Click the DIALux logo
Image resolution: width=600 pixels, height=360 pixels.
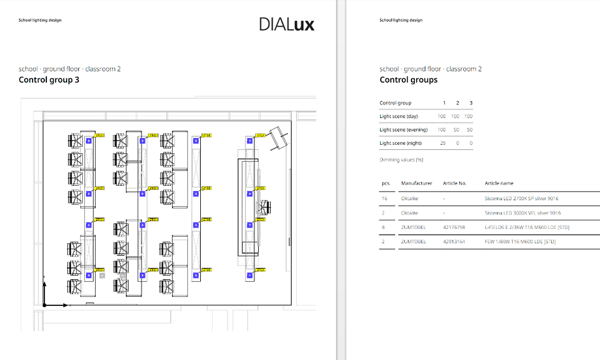click(x=286, y=25)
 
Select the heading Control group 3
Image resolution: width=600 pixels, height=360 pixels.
click(x=50, y=80)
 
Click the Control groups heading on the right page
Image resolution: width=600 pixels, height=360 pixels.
click(x=408, y=80)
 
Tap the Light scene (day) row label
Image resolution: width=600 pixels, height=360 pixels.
click(x=398, y=116)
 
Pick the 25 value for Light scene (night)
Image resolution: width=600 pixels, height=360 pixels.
click(x=443, y=143)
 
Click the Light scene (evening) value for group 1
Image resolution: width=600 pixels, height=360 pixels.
click(x=442, y=130)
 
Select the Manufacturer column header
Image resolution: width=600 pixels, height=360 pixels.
click(x=417, y=183)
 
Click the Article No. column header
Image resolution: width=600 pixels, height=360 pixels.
click(x=455, y=183)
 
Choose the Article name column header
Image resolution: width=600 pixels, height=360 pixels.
click(x=499, y=183)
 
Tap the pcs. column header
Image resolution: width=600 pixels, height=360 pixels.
click(x=385, y=183)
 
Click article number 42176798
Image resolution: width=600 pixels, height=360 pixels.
click(x=454, y=228)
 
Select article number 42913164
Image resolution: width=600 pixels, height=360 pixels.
click(x=454, y=242)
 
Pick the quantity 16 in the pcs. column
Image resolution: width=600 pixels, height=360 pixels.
click(x=385, y=198)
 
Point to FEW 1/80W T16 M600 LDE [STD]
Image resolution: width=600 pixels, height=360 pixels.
click(x=520, y=242)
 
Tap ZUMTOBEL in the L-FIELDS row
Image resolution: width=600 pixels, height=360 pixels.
click(x=413, y=228)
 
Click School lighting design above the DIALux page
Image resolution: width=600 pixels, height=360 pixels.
click(x=40, y=20)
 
